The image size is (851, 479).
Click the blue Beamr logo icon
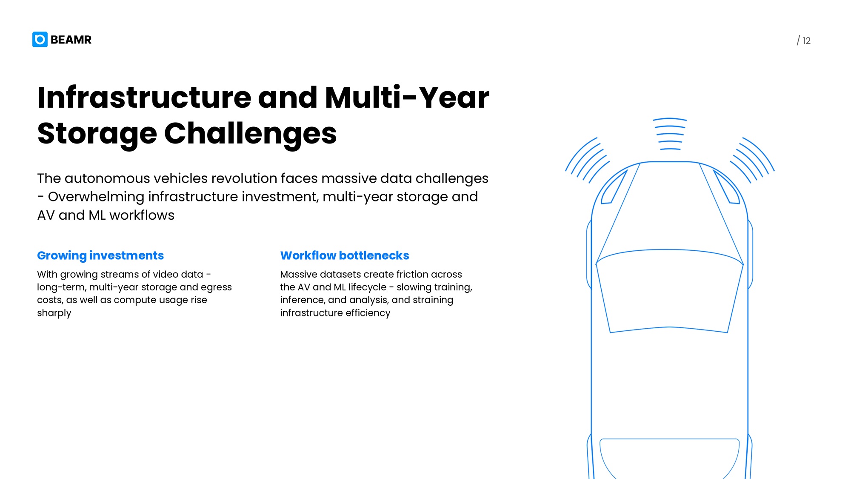(40, 40)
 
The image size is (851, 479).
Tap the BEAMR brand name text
(71, 40)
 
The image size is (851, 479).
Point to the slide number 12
(807, 41)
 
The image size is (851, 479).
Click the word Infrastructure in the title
(145, 98)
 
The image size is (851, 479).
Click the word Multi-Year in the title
(407, 98)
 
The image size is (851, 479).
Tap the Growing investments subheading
(100, 255)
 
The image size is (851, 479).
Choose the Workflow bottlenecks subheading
(345, 255)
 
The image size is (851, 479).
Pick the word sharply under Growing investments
(54, 313)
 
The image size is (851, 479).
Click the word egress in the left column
(216, 288)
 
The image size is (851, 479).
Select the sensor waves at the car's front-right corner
(752, 160)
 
